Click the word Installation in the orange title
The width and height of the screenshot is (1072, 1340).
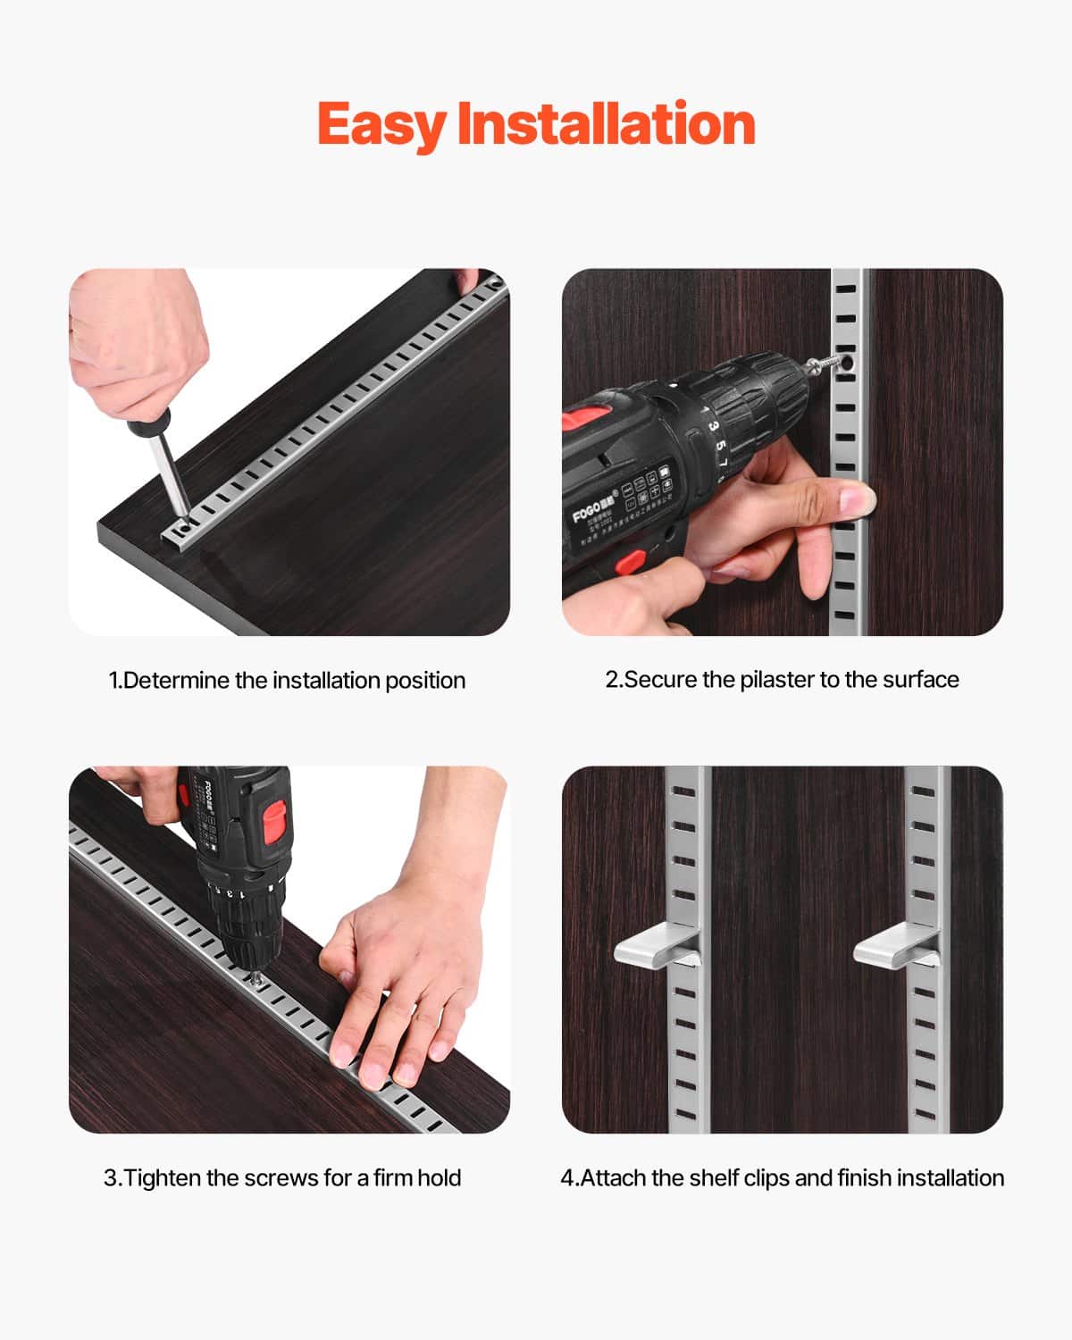(x=606, y=123)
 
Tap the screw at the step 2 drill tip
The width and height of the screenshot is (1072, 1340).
(x=826, y=364)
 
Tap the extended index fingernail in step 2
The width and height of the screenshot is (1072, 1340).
(x=858, y=497)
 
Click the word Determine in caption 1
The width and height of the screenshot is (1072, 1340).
(x=176, y=681)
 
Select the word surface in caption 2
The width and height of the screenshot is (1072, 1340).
(x=920, y=680)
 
